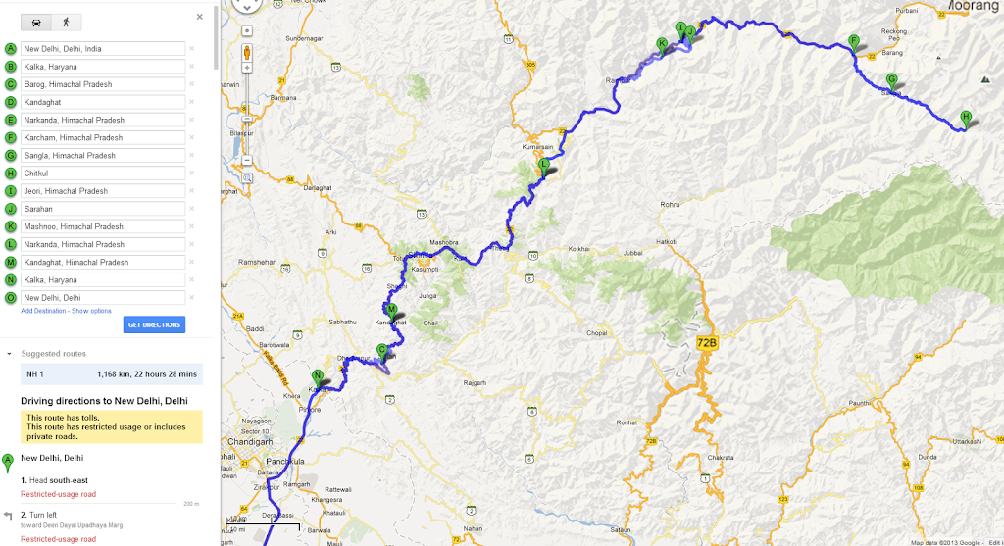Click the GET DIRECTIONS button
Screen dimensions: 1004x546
click(x=154, y=324)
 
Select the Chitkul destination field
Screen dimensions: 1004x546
click(x=103, y=174)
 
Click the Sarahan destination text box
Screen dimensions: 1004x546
click(x=103, y=209)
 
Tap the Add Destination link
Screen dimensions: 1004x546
click(x=43, y=310)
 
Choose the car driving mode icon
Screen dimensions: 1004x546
click(x=36, y=21)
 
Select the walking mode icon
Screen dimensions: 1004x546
click(x=67, y=21)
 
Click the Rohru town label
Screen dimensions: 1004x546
click(x=670, y=204)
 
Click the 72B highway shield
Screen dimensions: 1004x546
click(x=707, y=343)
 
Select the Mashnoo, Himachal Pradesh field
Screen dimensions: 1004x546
click(x=103, y=226)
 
